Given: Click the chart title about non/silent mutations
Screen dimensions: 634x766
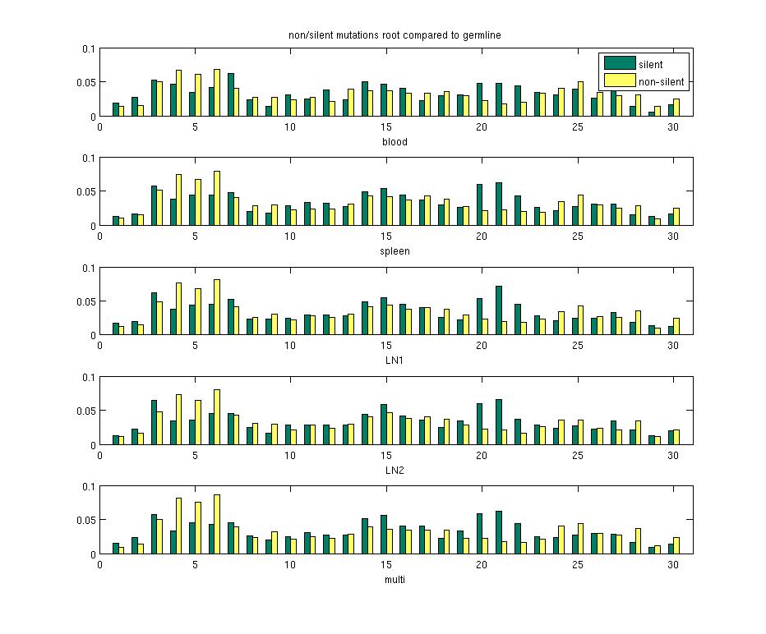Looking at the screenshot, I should pyautogui.click(x=395, y=34).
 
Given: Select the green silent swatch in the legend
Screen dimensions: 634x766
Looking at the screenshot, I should pyautogui.click(x=620, y=63).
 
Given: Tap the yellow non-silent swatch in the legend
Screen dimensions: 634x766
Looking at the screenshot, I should pyautogui.click(x=620, y=80).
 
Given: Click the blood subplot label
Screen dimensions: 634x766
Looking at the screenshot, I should pyautogui.click(x=395, y=142).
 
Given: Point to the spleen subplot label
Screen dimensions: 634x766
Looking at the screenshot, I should pyautogui.click(x=395, y=251).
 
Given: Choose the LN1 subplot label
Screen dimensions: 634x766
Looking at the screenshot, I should pyautogui.click(x=395, y=361).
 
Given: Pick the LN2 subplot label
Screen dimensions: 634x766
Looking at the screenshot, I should pyautogui.click(x=395, y=470).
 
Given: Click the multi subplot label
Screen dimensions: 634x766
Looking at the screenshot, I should pyautogui.click(x=395, y=579).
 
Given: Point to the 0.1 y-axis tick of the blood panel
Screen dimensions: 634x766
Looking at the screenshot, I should pyautogui.click(x=89, y=49).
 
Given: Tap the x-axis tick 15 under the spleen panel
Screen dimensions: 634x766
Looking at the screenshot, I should pyautogui.click(x=385, y=237).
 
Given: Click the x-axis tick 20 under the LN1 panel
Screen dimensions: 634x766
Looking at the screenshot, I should pyautogui.click(x=481, y=346).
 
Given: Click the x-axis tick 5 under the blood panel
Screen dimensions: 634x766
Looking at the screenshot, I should pyautogui.click(x=195, y=127).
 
